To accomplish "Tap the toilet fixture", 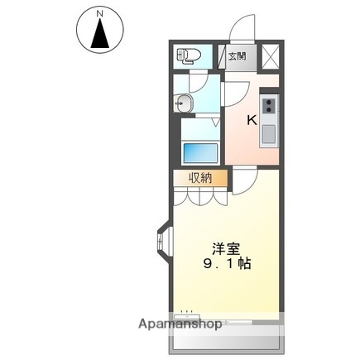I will pyautogui.click(x=188, y=57).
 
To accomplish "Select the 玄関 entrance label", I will pyautogui.click(x=238, y=56).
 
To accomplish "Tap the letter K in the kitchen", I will pyautogui.click(x=252, y=118).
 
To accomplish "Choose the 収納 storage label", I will pyautogui.click(x=199, y=178).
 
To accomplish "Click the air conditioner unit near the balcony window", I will pyautogui.click(x=187, y=314).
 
